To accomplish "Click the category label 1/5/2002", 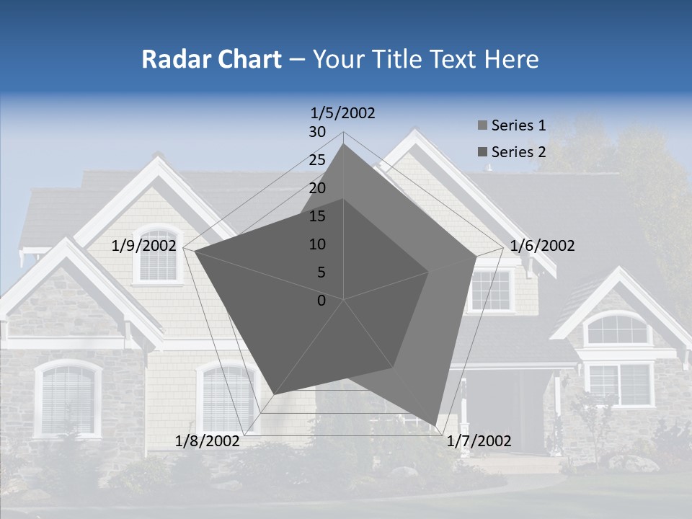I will click(342, 112).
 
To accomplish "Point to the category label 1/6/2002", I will click(542, 246).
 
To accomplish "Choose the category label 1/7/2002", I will click(479, 441).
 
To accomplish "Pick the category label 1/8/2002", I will click(207, 441).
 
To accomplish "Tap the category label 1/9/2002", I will click(144, 246).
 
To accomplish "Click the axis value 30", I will click(317, 132).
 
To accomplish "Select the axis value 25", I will click(317, 160).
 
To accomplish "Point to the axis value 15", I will click(317, 216).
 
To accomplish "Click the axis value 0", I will click(321, 301).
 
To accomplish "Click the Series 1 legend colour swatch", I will click(482, 126).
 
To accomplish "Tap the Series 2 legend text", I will click(518, 152).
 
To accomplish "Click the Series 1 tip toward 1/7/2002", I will click(436, 425).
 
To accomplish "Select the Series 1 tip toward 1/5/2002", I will click(344, 144).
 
